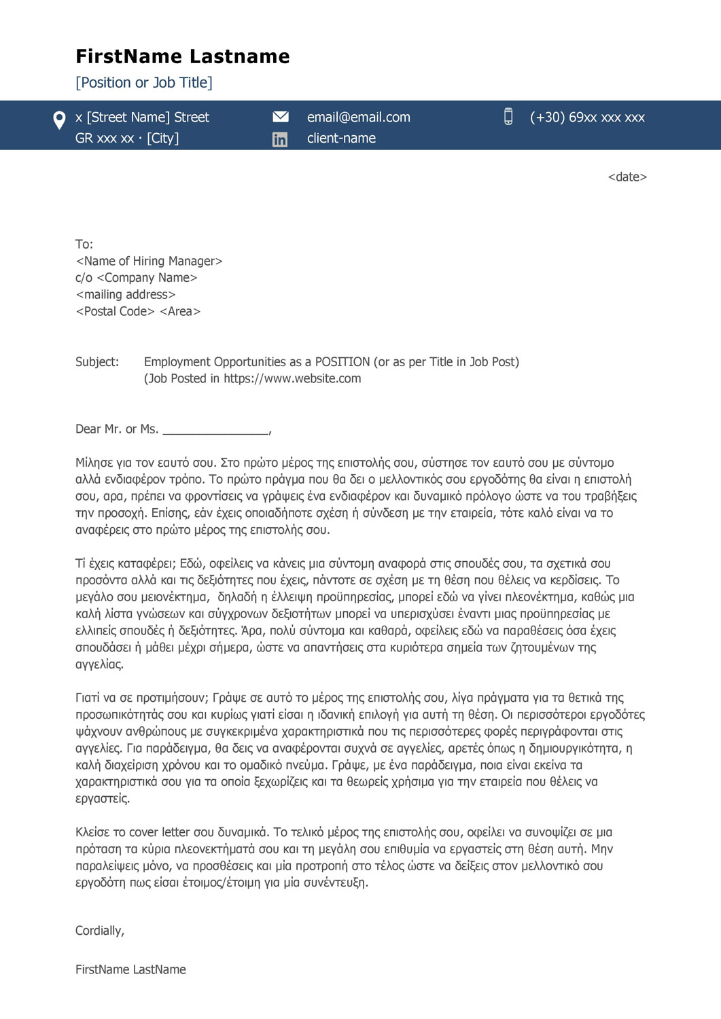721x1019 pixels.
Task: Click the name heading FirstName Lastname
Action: pyautogui.click(x=182, y=56)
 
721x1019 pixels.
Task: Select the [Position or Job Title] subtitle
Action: pyautogui.click(x=143, y=83)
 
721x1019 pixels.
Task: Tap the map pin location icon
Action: pyautogui.click(x=59, y=120)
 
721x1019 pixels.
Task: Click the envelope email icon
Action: pyautogui.click(x=280, y=117)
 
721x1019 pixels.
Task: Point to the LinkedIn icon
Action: pyautogui.click(x=279, y=139)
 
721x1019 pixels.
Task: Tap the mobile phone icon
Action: pyautogui.click(x=508, y=117)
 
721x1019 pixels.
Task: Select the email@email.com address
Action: pyautogui.click(x=358, y=118)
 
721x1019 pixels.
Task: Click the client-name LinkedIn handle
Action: pyautogui.click(x=341, y=139)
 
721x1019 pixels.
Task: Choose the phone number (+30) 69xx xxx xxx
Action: pyautogui.click(x=587, y=118)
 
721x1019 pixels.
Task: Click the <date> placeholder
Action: pyautogui.click(x=627, y=177)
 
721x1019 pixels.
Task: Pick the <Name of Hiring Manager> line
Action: pyautogui.click(x=149, y=262)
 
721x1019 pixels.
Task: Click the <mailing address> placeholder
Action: pyautogui.click(x=125, y=295)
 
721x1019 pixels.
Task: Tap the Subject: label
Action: pyautogui.click(x=96, y=362)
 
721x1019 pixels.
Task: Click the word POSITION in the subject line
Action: pyautogui.click(x=342, y=362)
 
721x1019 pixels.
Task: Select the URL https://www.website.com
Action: pyautogui.click(x=292, y=379)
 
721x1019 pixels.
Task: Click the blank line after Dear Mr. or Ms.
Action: pyautogui.click(x=216, y=430)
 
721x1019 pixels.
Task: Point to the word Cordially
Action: pyautogui.click(x=99, y=931)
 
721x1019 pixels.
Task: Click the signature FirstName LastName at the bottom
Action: pyautogui.click(x=130, y=970)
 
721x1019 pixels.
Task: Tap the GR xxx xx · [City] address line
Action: pyautogui.click(x=127, y=139)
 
